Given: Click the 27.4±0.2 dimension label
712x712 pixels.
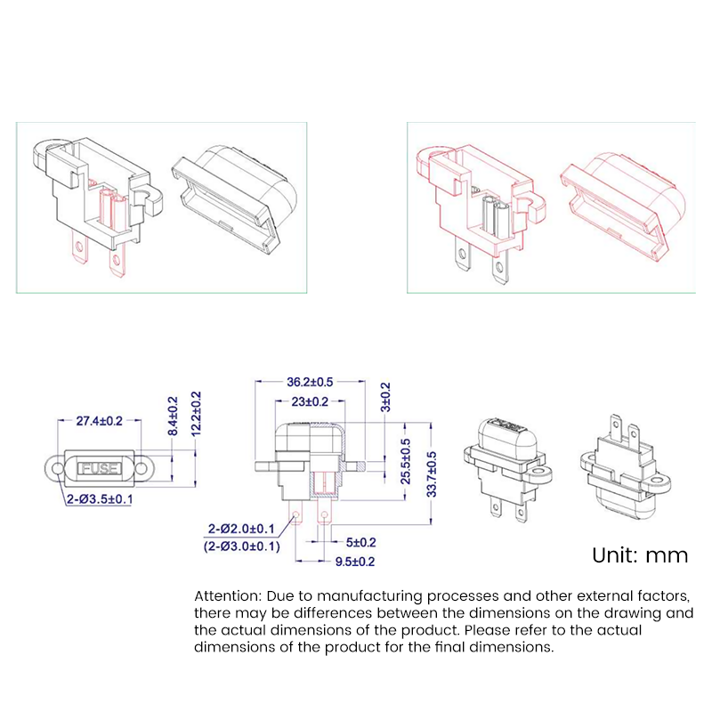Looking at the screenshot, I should [x=99, y=419].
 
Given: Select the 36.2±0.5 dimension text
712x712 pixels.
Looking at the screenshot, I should [x=309, y=381].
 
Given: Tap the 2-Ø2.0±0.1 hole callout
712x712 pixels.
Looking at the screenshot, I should [x=243, y=529].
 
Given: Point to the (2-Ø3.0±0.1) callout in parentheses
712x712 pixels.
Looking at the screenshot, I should [x=241, y=546].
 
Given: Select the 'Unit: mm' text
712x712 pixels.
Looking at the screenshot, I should [x=640, y=555].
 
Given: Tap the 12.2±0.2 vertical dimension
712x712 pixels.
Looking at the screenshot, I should [x=197, y=414].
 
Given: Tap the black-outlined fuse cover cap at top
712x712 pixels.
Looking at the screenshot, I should [x=232, y=196].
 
